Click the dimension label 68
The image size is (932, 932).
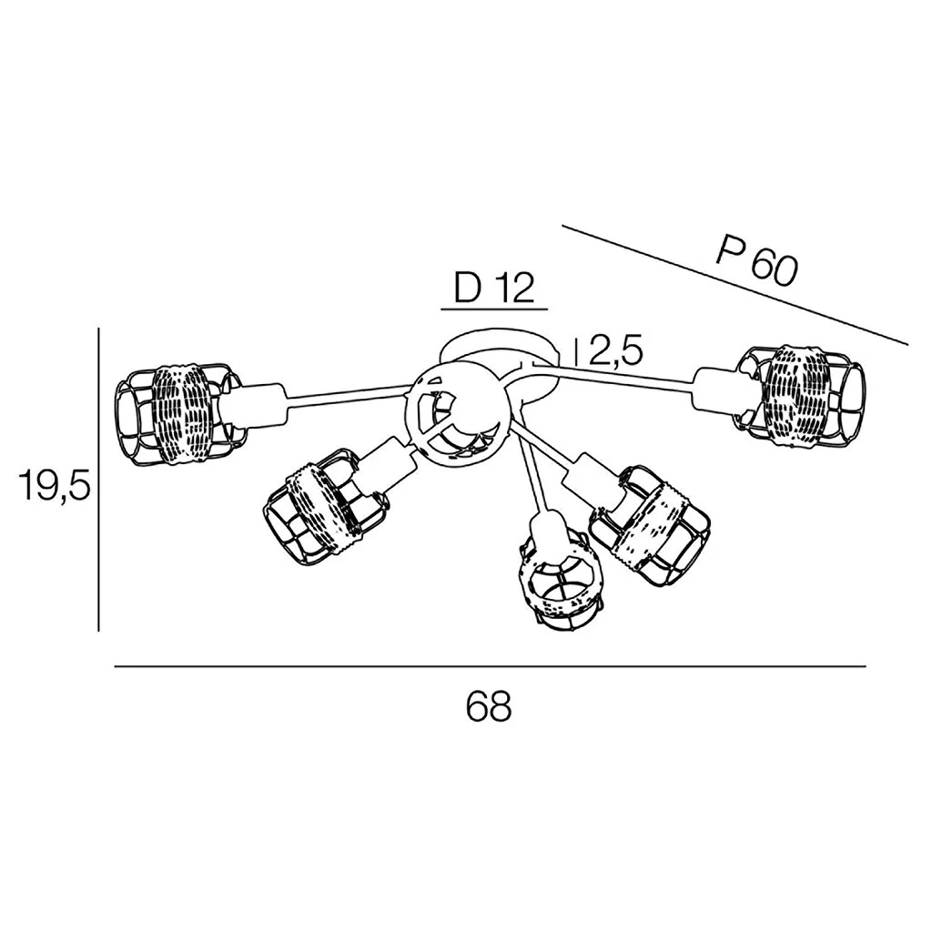pos(489,705)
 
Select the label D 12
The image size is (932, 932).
pos(493,288)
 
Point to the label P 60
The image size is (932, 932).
pos(755,262)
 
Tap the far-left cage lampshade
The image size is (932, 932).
pos(179,413)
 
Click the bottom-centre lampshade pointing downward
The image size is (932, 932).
pos(560,584)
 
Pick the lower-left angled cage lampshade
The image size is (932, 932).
pos(326,512)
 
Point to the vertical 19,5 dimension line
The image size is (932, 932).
pos(98,478)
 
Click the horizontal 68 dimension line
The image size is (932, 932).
pos(490,667)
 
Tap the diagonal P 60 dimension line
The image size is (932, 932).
pos(734,285)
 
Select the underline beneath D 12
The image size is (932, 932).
pos(493,309)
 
